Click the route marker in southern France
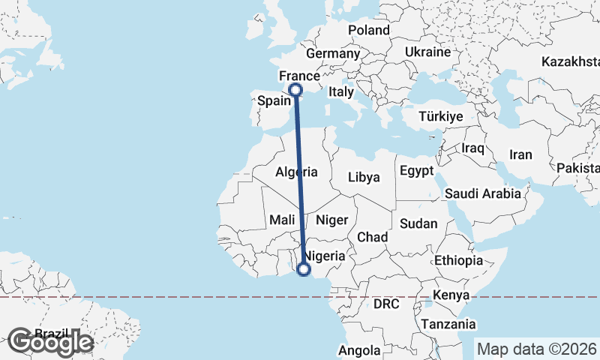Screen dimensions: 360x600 point(295,90)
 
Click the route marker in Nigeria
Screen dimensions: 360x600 point(304,269)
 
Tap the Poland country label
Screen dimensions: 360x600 point(369,30)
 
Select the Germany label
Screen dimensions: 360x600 point(333,54)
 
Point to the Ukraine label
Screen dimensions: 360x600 point(427,52)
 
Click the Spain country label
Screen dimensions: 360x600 point(274,100)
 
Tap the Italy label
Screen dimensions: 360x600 point(341,91)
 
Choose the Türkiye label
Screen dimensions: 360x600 point(441,117)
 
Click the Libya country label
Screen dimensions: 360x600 point(364,178)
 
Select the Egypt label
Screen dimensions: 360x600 point(417,170)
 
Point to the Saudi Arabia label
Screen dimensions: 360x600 point(483,193)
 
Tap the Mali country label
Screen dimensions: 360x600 point(282,220)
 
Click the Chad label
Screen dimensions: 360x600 point(372,237)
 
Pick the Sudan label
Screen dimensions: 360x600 point(418,223)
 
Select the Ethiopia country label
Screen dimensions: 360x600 point(458,261)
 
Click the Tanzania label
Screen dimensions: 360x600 point(448,324)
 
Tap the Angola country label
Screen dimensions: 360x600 point(360,350)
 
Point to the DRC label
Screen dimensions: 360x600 point(386,304)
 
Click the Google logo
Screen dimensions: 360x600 point(50,342)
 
